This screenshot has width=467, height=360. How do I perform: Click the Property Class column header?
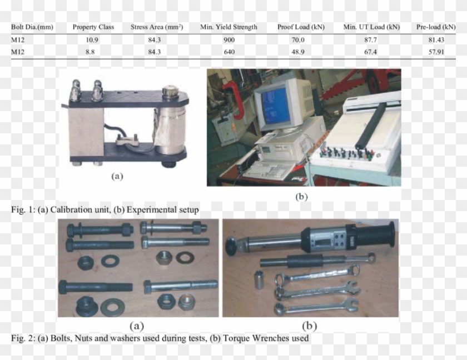(93, 27)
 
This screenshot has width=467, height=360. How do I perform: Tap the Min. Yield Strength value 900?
(229, 40)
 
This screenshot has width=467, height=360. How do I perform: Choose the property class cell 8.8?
(93, 52)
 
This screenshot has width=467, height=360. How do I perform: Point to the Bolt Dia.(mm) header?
(32, 27)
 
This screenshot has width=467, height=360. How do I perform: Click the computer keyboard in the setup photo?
(264, 169)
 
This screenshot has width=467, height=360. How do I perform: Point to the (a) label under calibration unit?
(117, 176)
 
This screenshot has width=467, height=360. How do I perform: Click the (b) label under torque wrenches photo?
(310, 326)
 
